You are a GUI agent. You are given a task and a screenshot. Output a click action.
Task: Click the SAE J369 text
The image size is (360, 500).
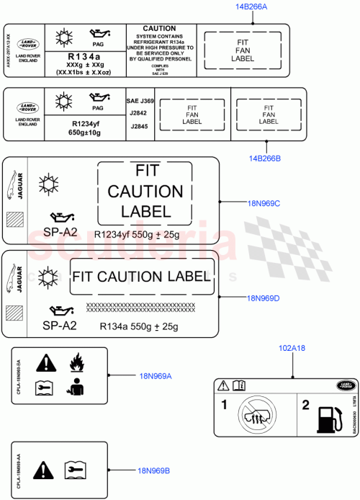pos(136,102)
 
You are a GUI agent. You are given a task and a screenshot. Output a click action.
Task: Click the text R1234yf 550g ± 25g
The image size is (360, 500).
pos(137,235)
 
